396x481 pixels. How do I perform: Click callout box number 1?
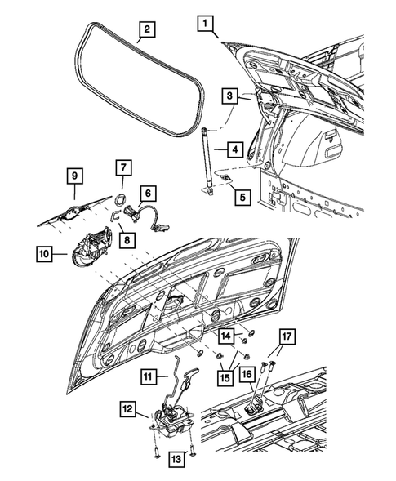click(x=204, y=24)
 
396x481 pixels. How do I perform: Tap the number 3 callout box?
click(x=230, y=96)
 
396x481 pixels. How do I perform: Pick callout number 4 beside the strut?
click(x=234, y=149)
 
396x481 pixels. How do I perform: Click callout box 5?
click(x=238, y=196)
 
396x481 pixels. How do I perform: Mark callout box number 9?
click(x=73, y=176)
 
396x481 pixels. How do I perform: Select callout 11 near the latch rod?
click(x=147, y=376)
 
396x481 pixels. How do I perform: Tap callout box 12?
click(x=129, y=408)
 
